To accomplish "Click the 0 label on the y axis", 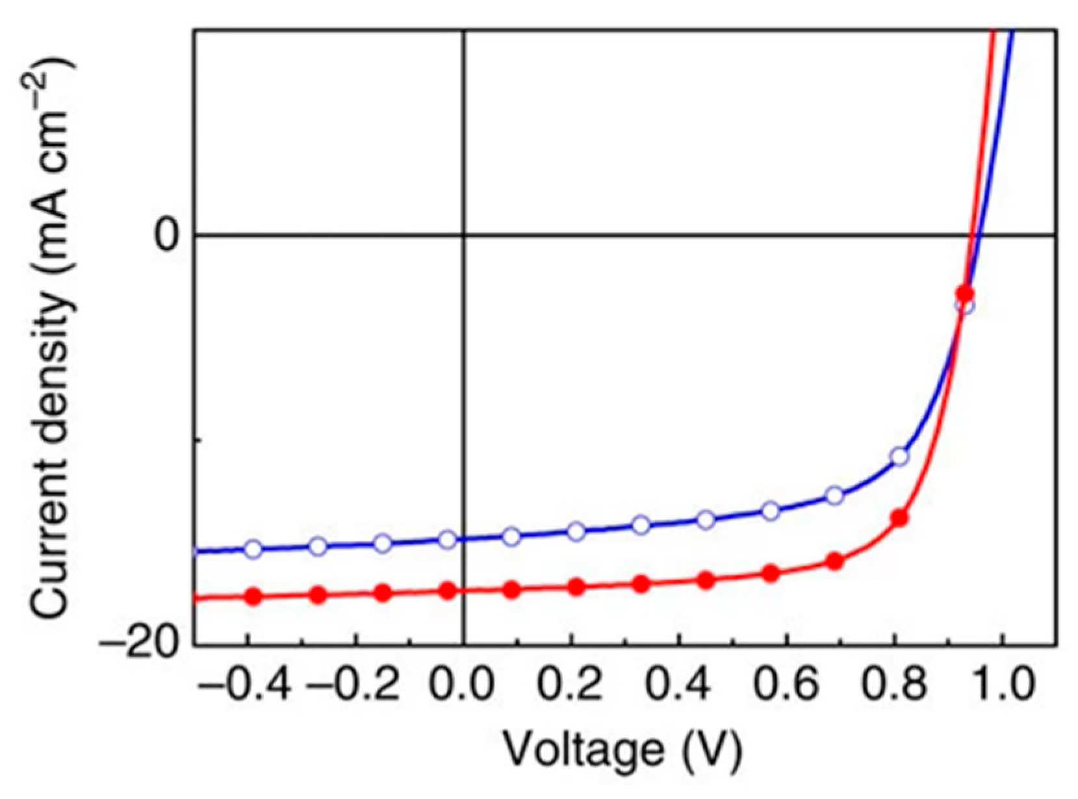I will tap(167, 235).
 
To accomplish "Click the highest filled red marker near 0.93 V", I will tap(965, 293).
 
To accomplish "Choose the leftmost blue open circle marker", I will tap(253, 549).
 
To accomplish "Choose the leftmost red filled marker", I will tap(253, 596).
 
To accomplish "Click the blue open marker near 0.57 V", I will tap(770, 511).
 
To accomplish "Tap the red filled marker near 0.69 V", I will tap(834, 561).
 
